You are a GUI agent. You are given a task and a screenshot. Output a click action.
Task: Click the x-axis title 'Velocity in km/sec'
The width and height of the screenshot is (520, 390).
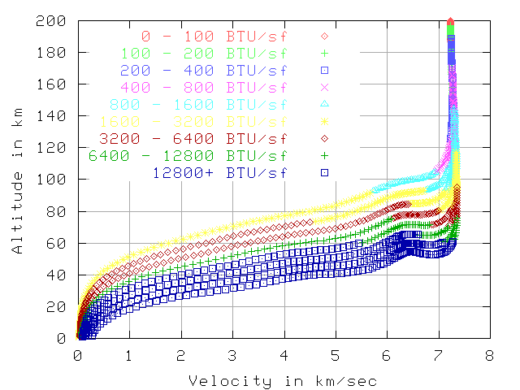pyautogui.click(x=282, y=381)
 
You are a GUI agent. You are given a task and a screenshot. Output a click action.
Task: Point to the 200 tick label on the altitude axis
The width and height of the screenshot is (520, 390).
pyautogui.click(x=55, y=21)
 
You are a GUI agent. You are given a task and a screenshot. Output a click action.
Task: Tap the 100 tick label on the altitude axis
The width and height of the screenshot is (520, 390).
pyautogui.click(x=55, y=180)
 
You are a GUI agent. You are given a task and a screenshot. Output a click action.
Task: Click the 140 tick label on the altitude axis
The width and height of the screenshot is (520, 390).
pyautogui.click(x=55, y=116)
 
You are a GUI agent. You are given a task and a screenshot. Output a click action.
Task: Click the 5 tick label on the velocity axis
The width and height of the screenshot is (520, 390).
pyautogui.click(x=336, y=355)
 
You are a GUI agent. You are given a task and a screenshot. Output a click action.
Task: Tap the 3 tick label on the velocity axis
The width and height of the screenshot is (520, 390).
pyautogui.click(x=232, y=355)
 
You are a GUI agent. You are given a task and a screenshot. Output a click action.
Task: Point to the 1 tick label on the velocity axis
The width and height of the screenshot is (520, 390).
pyautogui.click(x=129, y=355)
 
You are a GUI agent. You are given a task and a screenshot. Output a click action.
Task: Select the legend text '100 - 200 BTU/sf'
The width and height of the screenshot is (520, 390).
pyautogui.click(x=206, y=54)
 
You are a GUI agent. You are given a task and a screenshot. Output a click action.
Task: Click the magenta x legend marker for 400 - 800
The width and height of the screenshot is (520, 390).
pyautogui.click(x=323, y=87)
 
